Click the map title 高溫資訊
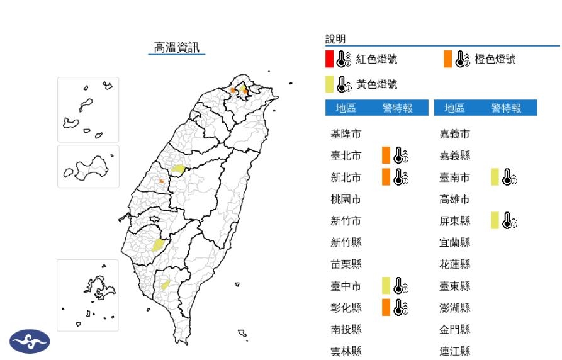pos(177,47)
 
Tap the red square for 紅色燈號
pos(329,59)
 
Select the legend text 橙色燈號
pos(495,59)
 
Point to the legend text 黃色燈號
pos(377,84)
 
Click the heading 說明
pos(335,39)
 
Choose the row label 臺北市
pos(346,155)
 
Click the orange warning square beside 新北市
pos(386,177)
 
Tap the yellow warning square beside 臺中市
pos(386,286)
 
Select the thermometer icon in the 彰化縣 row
pos(401,307)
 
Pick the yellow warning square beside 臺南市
pos(495,177)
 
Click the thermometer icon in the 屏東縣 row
pos(510,220)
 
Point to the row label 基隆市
pos(346,134)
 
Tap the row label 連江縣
pos(455,351)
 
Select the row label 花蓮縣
pos(455,264)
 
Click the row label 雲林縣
pos(346,351)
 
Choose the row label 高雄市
pos(455,199)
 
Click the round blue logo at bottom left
pos(30,342)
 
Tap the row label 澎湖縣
pos(455,308)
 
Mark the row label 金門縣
pos(455,329)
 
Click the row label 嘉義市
pos(455,134)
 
